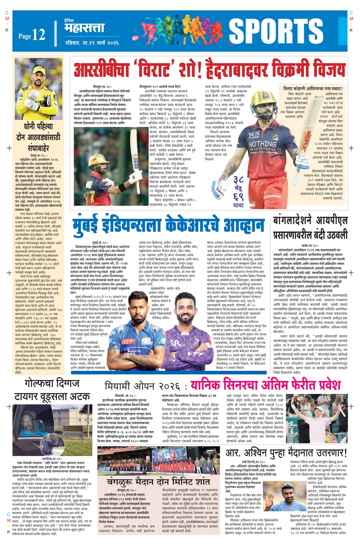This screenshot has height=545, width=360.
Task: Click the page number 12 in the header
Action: point(38,35)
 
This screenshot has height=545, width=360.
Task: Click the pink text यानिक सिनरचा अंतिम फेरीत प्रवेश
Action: point(266,385)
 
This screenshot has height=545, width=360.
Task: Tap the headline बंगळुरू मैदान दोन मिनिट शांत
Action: point(159,482)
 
